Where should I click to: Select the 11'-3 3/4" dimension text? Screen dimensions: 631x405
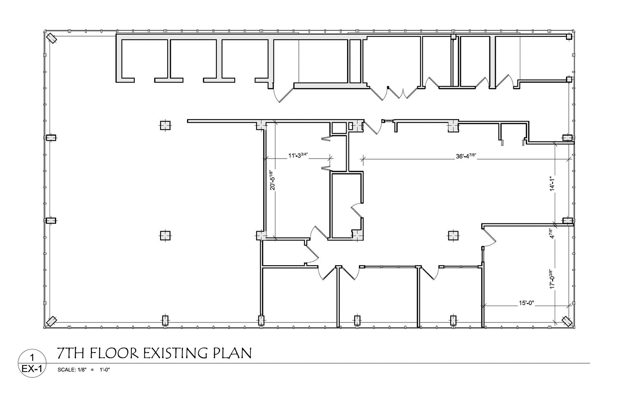(x=298, y=155)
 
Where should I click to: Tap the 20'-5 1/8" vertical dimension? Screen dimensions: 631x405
(x=271, y=180)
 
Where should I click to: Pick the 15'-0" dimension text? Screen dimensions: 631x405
(x=526, y=303)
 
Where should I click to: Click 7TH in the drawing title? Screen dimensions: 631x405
(x=71, y=353)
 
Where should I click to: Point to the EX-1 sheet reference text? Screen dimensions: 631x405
(x=32, y=369)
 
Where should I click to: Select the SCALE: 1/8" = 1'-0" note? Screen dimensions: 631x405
(x=83, y=370)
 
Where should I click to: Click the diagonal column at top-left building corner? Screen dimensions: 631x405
(x=51, y=38)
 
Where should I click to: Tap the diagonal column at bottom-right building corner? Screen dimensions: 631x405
(x=567, y=321)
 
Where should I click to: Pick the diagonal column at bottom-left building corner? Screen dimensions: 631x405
(x=51, y=321)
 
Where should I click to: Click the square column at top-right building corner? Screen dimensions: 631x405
(x=569, y=37)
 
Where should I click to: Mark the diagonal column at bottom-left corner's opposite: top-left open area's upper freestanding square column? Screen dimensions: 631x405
(x=165, y=125)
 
